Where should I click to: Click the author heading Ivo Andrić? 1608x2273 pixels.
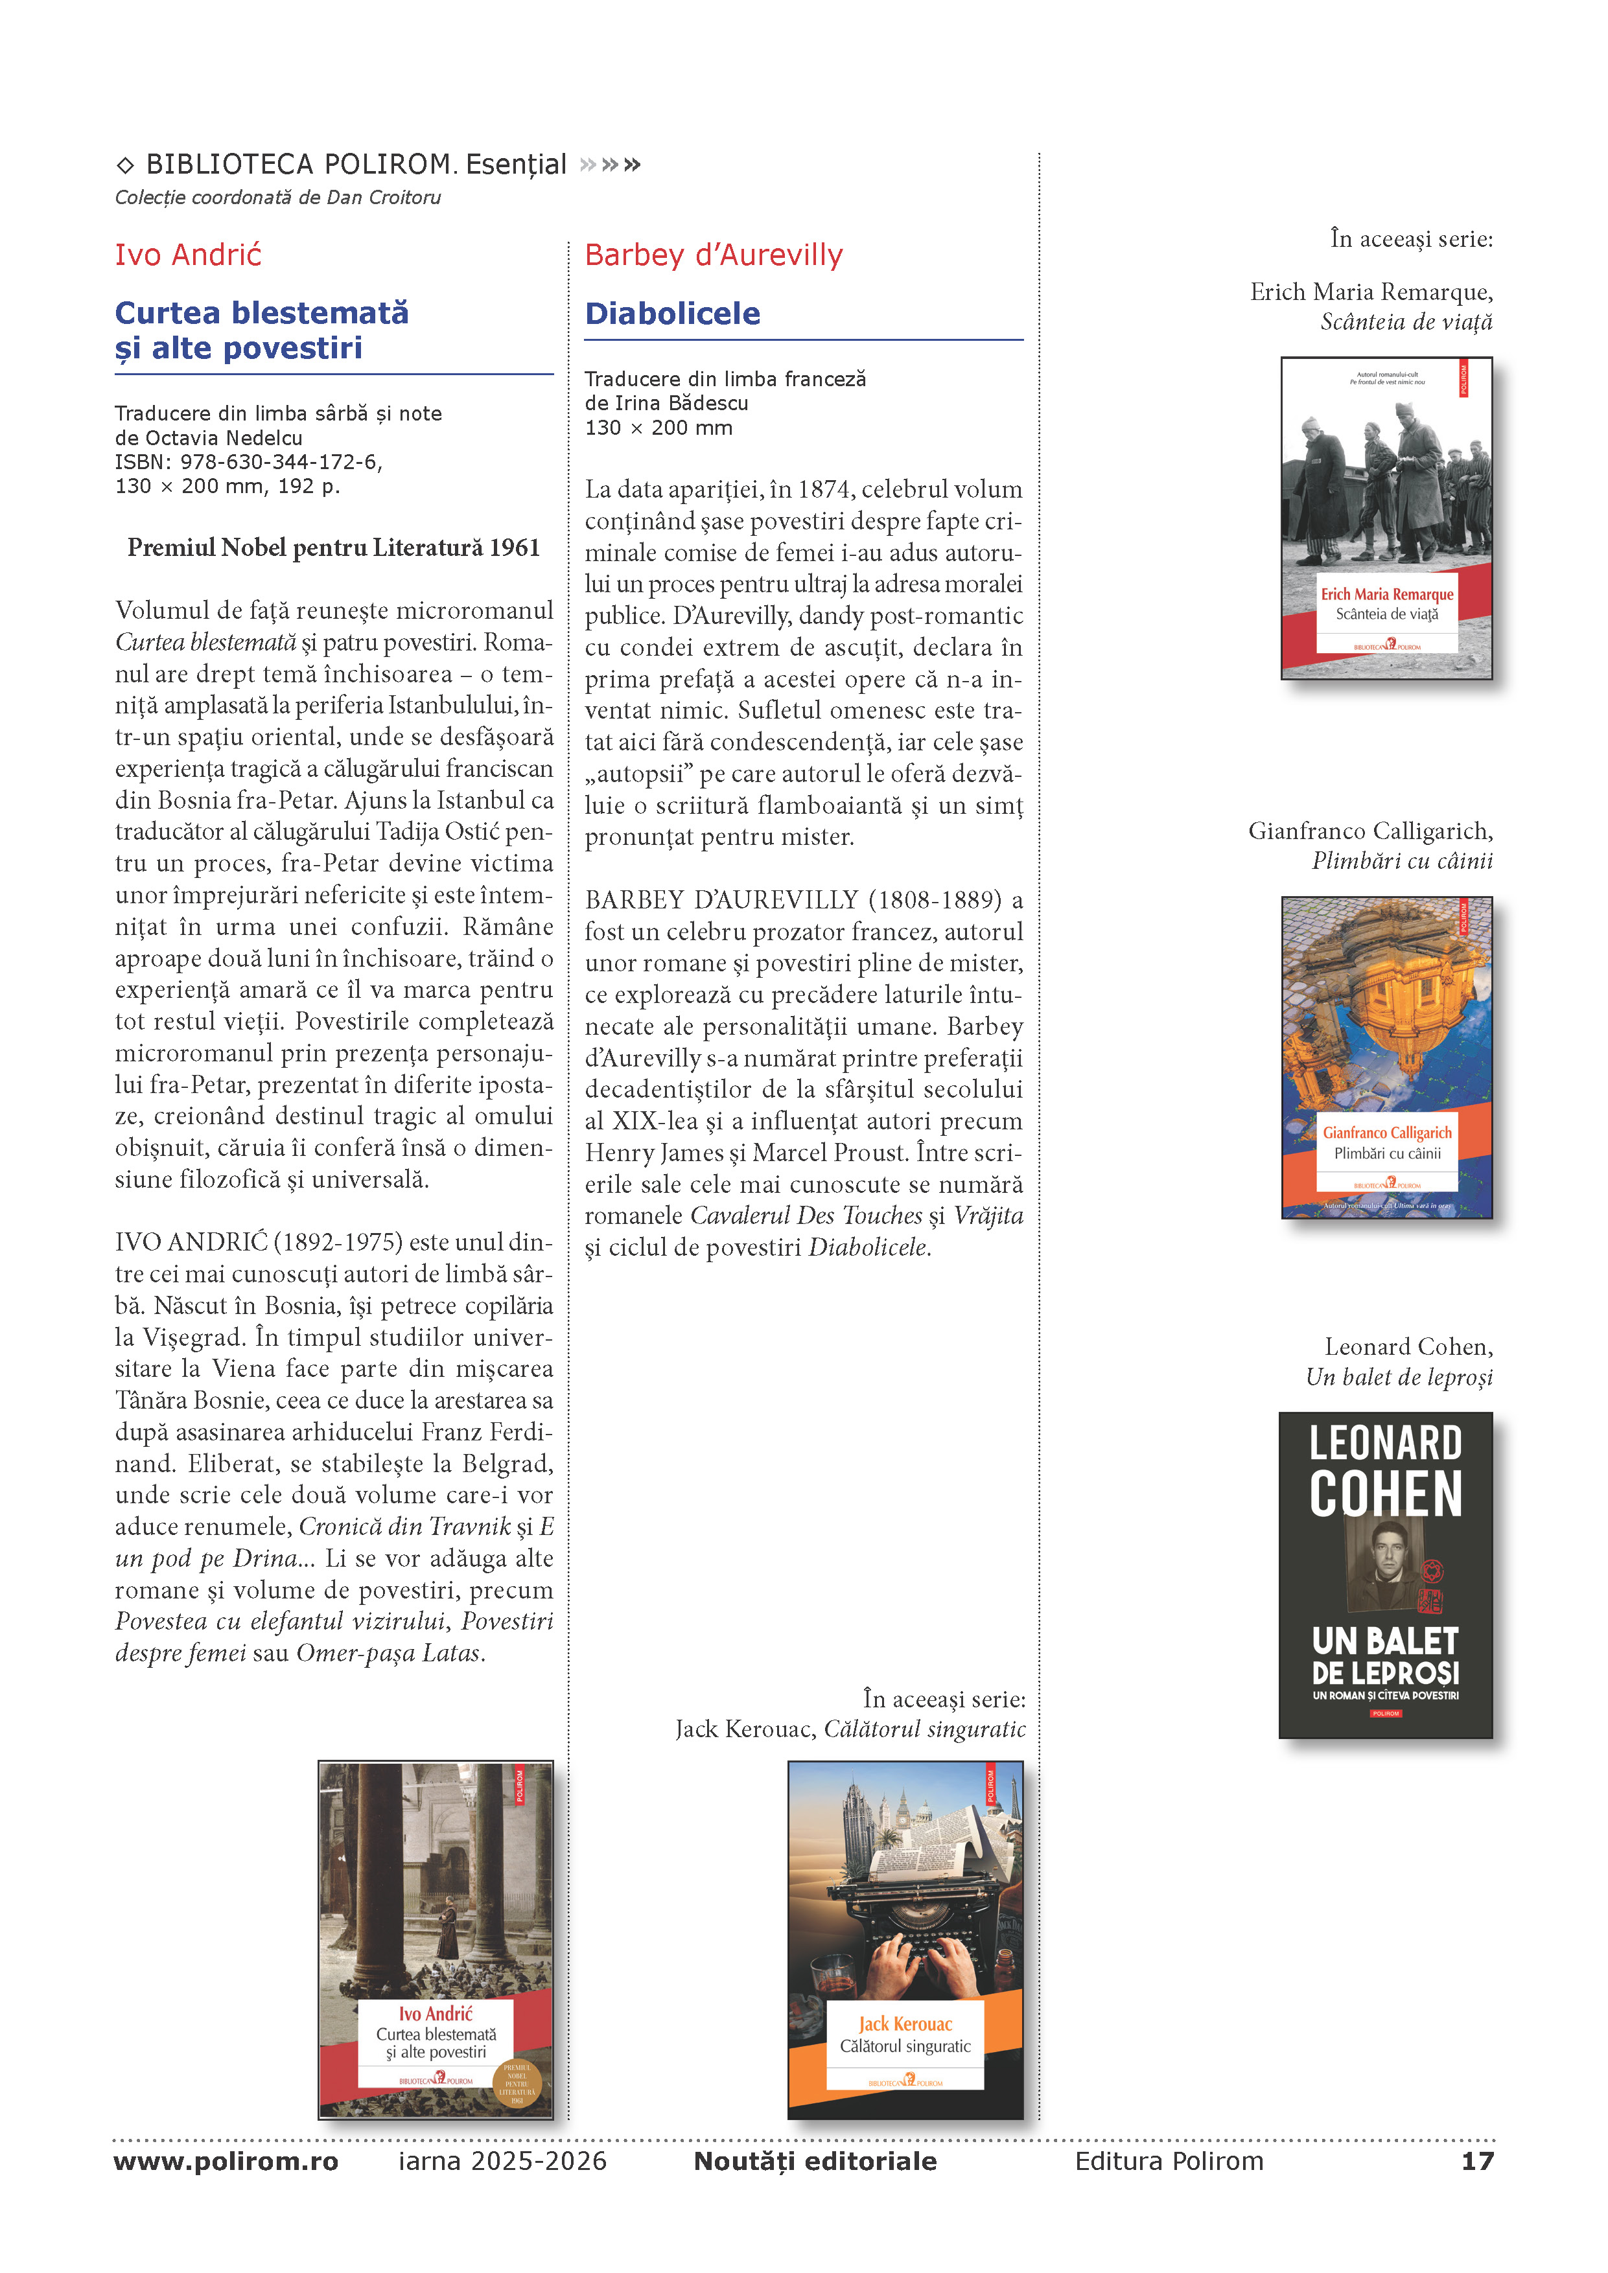click(x=188, y=255)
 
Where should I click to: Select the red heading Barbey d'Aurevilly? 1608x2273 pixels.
click(x=713, y=255)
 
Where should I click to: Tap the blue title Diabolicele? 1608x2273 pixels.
click(x=672, y=314)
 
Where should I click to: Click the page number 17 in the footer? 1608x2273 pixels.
click(x=1476, y=2161)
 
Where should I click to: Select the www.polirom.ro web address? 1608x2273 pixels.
click(x=226, y=2161)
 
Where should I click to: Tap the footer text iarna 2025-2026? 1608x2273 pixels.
click(x=502, y=2161)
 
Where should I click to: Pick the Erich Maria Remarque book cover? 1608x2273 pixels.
click(x=1386, y=518)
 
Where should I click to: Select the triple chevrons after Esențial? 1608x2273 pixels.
click(x=610, y=165)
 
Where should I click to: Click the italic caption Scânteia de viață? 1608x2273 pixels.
click(x=1406, y=323)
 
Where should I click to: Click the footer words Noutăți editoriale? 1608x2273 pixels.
click(x=815, y=2161)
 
